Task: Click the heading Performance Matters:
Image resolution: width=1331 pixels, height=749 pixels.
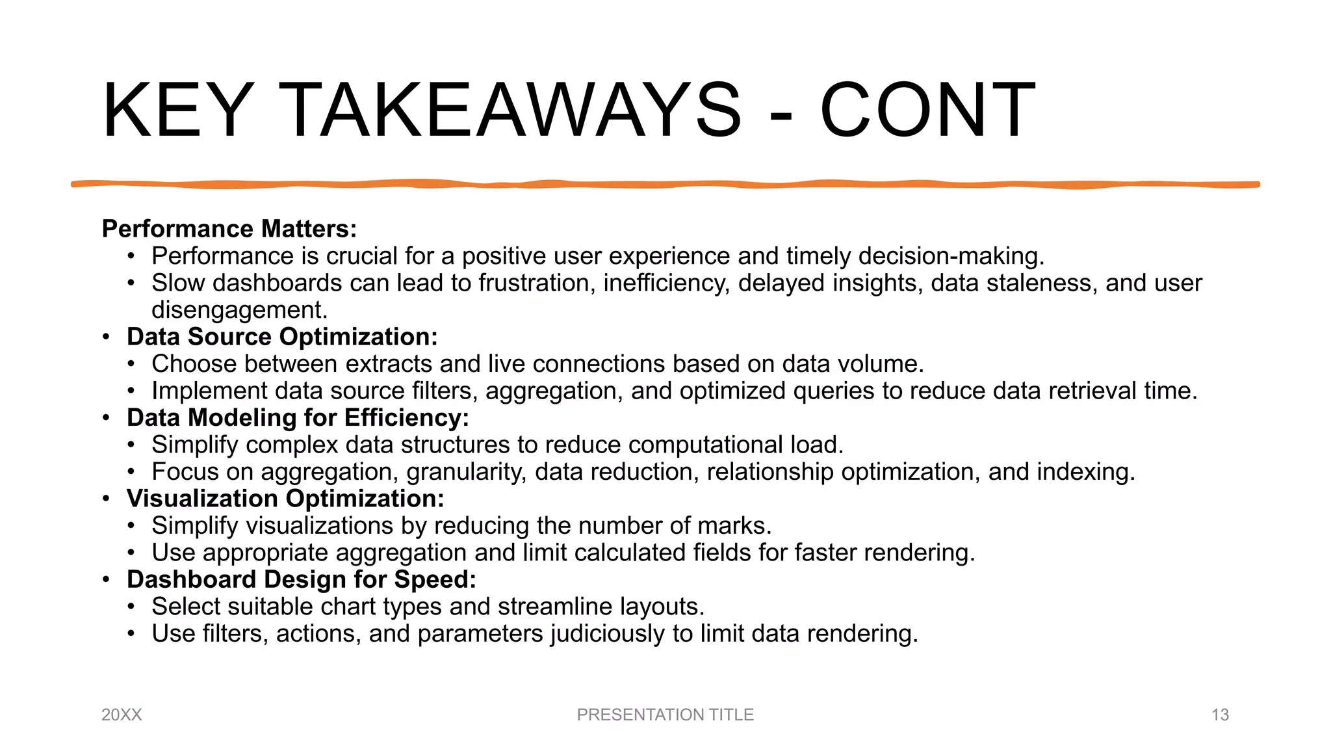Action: coord(229,229)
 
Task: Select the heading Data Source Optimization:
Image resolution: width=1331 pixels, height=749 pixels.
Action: coord(282,337)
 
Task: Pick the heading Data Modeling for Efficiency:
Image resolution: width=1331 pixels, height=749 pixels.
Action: coord(298,417)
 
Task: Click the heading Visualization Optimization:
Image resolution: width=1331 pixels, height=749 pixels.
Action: coord(285,499)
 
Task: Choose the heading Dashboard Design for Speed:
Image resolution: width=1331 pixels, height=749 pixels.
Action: coord(302,579)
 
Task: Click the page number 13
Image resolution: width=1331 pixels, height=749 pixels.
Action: coord(1220,715)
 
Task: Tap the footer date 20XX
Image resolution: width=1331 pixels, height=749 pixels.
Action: coord(122,715)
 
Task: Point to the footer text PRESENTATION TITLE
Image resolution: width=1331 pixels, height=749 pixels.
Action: coord(665,715)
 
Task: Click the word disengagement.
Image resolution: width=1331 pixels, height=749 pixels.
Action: coord(239,310)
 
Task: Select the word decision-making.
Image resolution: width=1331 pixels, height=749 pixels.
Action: coord(951,256)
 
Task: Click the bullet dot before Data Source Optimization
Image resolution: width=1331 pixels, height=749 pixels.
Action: coord(106,337)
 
